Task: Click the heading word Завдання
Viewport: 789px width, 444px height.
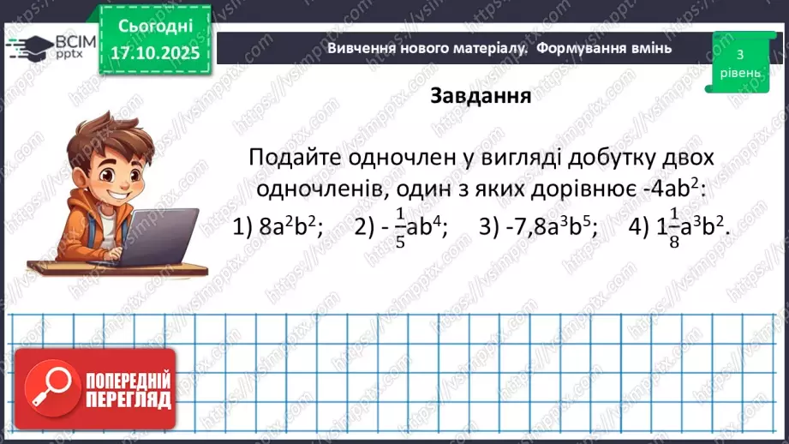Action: (480, 95)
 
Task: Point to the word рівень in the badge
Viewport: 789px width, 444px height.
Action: (738, 73)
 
